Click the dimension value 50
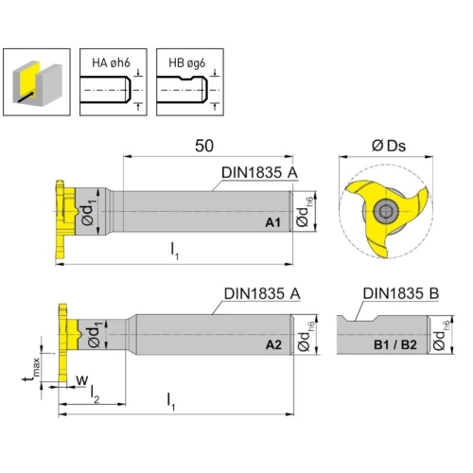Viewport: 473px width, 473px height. tap(204, 146)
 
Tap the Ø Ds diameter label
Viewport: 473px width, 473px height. tap(389, 146)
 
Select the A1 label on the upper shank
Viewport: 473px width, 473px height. tap(272, 222)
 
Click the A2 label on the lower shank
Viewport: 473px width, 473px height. tap(273, 345)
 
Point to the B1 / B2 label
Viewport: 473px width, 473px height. tap(395, 345)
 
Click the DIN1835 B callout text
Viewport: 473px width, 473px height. tap(400, 293)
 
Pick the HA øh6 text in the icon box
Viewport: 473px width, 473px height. tap(111, 63)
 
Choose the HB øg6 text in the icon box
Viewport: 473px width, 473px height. tap(187, 63)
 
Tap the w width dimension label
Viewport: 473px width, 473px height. tap(81, 380)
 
